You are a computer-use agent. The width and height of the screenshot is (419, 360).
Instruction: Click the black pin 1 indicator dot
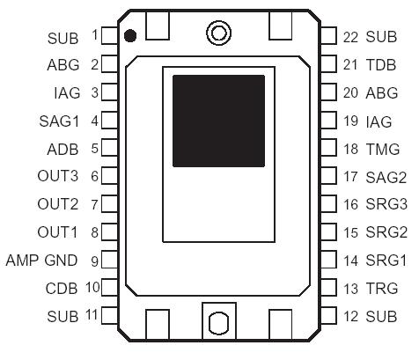coord(129,36)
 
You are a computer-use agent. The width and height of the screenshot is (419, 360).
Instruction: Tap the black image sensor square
coord(218,121)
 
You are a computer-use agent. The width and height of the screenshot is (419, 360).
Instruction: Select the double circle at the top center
coord(217,33)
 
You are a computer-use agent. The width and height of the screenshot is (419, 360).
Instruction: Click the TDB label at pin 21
coord(382,64)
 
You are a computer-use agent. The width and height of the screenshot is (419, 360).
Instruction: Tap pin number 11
coord(91,315)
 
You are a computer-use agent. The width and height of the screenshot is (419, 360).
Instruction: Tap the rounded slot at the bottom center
coord(217,322)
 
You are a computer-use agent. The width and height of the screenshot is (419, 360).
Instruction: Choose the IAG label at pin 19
coord(379,121)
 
